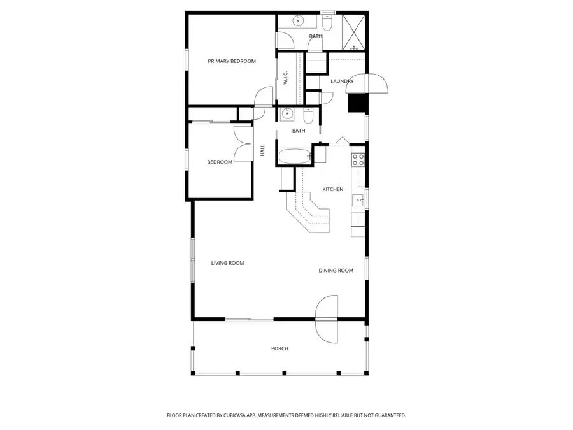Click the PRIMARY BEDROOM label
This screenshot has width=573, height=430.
(x=232, y=61)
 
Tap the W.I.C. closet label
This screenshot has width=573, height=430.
(x=286, y=78)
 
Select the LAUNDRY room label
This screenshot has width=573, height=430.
(x=342, y=81)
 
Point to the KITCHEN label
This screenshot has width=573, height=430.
(x=332, y=189)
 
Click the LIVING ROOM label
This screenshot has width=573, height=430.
(x=227, y=263)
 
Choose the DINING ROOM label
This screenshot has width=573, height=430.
(x=336, y=271)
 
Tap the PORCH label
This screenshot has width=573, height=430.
(x=279, y=348)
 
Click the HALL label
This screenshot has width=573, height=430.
(x=262, y=151)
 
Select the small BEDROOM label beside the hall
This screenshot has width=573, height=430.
(x=220, y=162)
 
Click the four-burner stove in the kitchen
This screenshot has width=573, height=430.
(x=358, y=159)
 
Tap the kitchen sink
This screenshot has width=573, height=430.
(x=358, y=200)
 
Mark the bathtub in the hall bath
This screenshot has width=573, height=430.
(x=294, y=155)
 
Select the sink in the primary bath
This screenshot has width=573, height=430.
(x=298, y=21)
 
